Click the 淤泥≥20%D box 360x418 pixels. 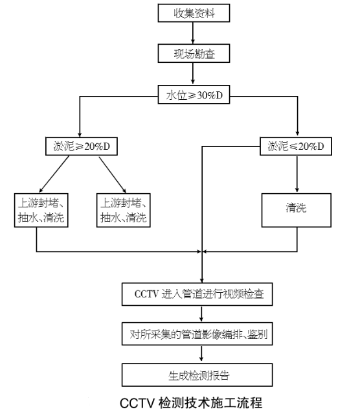pos(78,146)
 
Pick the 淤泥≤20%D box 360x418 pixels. pos(296,146)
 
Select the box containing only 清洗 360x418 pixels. pos(296,209)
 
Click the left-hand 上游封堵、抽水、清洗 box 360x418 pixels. pos(40,209)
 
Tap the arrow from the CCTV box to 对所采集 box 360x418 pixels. pos(203,314)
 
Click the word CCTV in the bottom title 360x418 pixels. pos(136,403)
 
